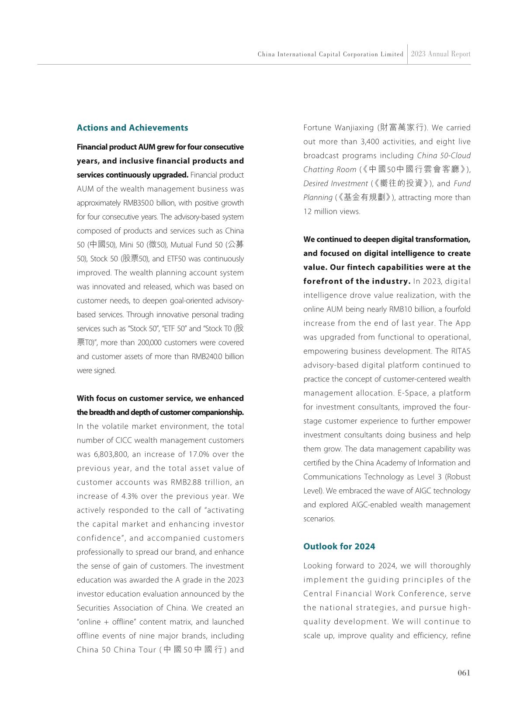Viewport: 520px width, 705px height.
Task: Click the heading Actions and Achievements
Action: pos(132,128)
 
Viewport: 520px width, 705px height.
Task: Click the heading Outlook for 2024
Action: pos(339,547)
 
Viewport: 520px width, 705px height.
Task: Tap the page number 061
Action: pos(464,673)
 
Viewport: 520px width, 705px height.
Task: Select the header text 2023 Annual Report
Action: pos(440,54)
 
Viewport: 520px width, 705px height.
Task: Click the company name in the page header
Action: pos(330,55)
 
